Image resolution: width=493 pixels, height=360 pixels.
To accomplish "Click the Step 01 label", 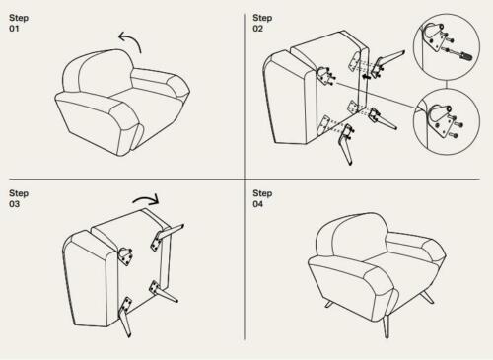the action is (x=19, y=23).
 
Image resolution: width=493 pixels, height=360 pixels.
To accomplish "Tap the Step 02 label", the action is (x=262, y=23).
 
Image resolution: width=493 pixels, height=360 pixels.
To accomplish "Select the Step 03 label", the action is (x=19, y=198).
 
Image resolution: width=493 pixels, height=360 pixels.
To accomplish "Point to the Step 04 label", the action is (x=262, y=198).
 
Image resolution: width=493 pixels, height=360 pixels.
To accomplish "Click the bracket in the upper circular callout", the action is (x=435, y=36).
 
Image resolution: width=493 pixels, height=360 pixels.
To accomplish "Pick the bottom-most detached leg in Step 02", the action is (x=346, y=145).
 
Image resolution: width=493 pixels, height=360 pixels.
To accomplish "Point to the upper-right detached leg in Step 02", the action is (x=387, y=62).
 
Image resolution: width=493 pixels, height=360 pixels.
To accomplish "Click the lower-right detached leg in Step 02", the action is (x=382, y=119).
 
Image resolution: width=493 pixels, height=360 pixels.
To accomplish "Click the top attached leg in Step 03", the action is (x=166, y=236).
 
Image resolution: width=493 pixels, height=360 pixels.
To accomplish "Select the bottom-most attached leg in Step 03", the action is (x=125, y=317).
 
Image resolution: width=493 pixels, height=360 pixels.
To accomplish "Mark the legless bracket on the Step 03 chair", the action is (x=125, y=255).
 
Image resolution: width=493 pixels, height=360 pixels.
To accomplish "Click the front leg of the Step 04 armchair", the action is (x=387, y=325).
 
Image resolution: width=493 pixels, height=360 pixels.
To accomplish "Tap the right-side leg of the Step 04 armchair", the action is (x=427, y=297).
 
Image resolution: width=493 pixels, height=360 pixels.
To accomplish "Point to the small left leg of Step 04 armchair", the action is (x=328, y=304).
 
